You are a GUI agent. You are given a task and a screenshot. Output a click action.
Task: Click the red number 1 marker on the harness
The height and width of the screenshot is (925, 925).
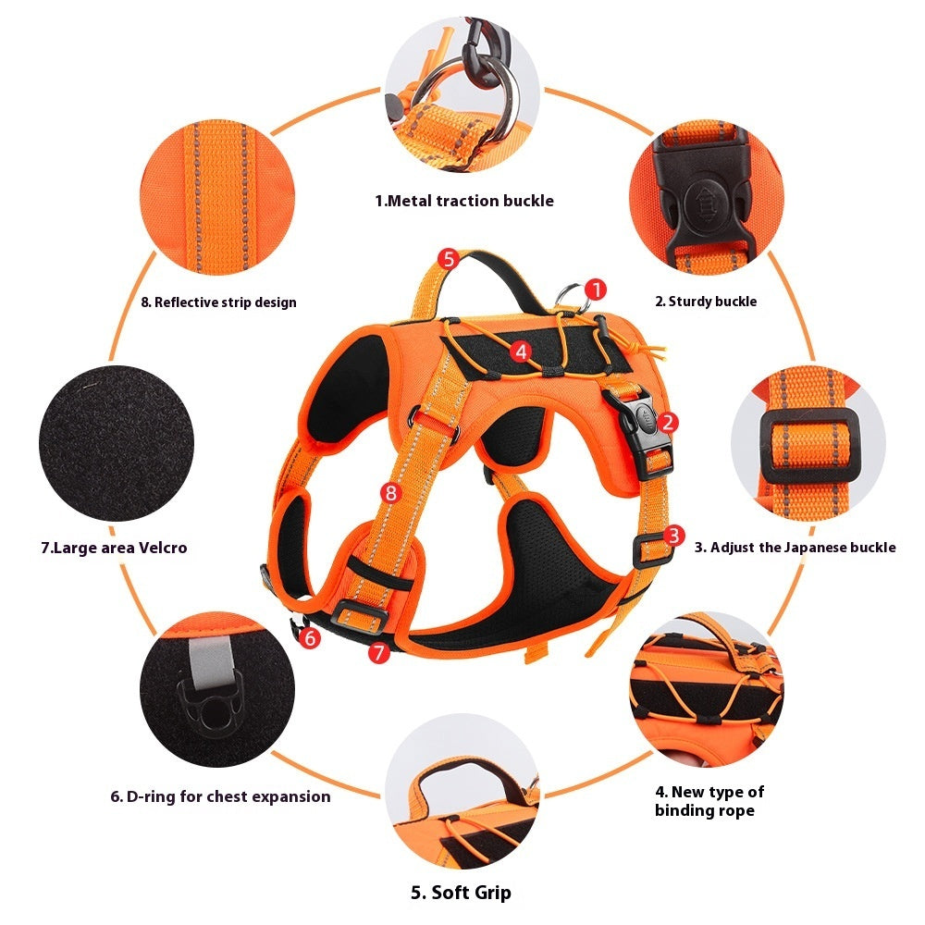(597, 290)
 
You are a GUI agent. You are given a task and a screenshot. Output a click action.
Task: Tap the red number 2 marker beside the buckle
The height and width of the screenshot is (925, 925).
(669, 423)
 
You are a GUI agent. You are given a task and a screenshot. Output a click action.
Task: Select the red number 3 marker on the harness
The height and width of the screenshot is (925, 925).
(674, 535)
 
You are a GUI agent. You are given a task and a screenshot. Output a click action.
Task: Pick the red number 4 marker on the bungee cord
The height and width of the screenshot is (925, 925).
(522, 351)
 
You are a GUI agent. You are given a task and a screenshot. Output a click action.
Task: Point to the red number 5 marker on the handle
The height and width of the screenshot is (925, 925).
(448, 258)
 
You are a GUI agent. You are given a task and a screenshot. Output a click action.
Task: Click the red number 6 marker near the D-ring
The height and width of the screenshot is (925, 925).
(310, 637)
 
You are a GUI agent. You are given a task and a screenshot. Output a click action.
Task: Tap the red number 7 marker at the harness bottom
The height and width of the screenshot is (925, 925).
(377, 652)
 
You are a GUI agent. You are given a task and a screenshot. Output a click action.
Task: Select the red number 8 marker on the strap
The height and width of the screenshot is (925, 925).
(390, 493)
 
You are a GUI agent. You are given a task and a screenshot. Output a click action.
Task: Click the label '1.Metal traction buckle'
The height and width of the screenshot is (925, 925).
(463, 201)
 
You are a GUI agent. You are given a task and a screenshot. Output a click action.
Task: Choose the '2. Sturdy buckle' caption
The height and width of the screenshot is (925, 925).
(706, 302)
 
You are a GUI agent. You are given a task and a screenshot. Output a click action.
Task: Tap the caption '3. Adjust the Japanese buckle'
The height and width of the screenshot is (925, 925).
(795, 548)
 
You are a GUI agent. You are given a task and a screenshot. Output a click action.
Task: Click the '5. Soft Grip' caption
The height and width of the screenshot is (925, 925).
(461, 893)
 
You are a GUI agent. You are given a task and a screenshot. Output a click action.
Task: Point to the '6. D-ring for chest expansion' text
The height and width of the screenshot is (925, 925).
(220, 796)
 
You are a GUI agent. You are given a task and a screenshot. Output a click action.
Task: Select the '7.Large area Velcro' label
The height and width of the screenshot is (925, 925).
(114, 548)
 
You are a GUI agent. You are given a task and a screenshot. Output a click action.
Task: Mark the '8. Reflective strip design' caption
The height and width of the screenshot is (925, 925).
(218, 302)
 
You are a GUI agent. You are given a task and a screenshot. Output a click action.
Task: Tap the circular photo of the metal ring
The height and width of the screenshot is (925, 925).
(462, 92)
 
